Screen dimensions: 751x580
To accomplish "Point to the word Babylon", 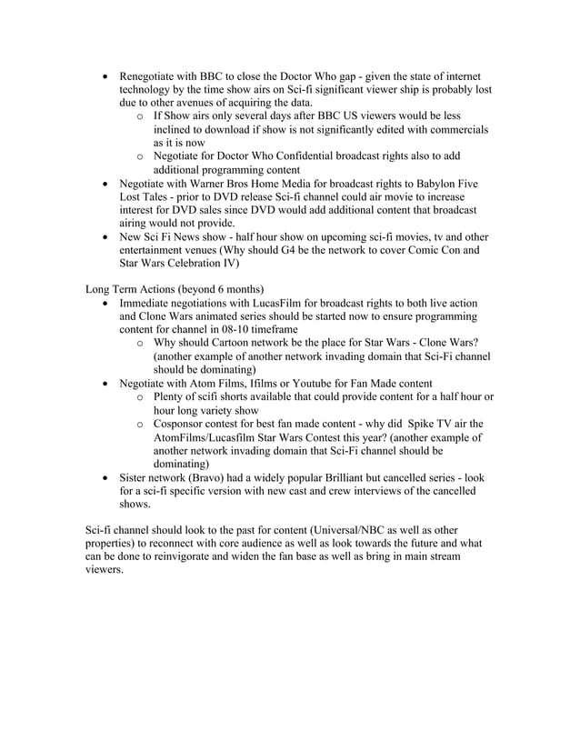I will click(425, 184).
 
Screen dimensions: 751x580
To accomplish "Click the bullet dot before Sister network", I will click(109, 478).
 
